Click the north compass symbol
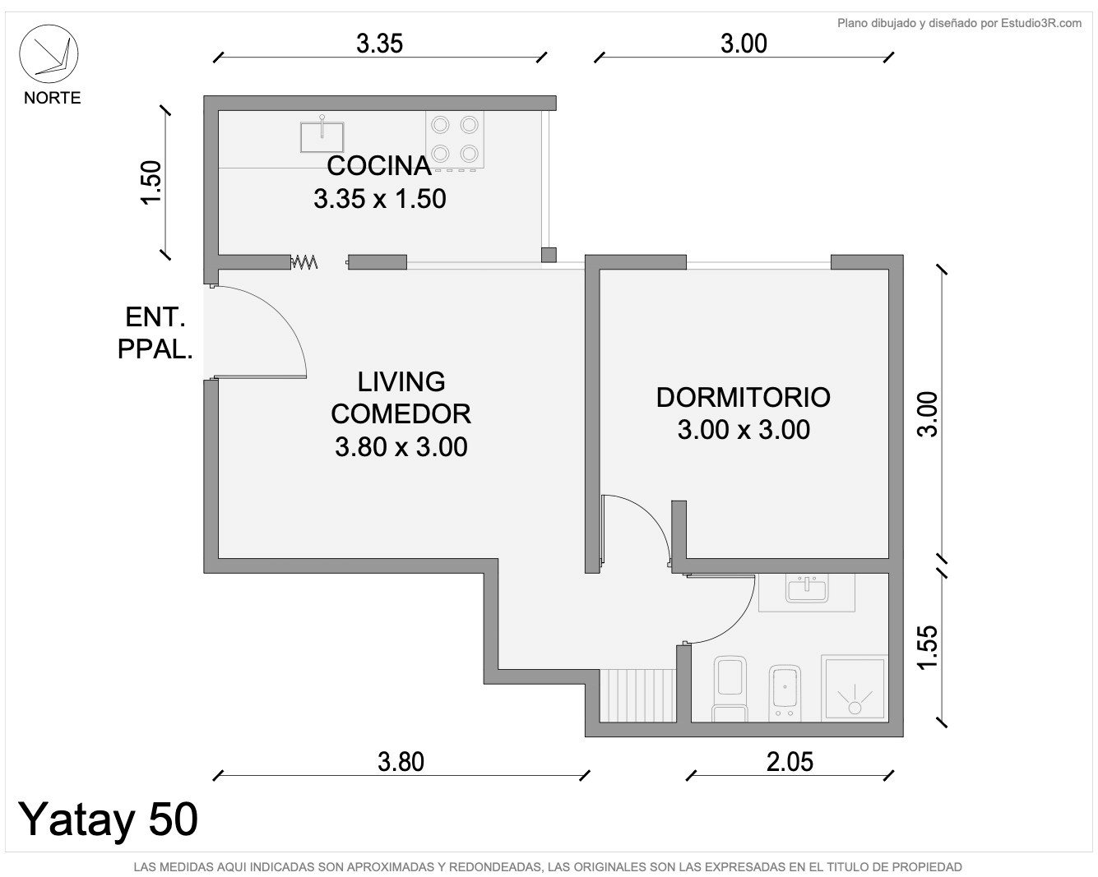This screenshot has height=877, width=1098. tap(49, 53)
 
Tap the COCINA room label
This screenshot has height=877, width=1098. tap(379, 166)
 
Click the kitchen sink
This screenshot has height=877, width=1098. tap(322, 136)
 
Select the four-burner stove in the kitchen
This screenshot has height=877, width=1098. tap(455, 140)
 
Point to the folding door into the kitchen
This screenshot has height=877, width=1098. tap(304, 262)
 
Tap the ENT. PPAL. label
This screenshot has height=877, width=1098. tap(155, 334)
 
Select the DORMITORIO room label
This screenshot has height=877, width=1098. tap(744, 398)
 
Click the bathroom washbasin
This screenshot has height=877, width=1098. tap(807, 589)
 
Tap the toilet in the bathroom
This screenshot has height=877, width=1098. tap(730, 688)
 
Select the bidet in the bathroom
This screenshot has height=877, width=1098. tap(785, 692)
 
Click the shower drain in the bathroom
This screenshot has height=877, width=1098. tap(855, 708)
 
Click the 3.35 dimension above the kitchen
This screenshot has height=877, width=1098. tap(380, 44)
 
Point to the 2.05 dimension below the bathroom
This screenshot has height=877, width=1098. tap(790, 762)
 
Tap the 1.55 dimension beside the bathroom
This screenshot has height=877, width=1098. tap(927, 647)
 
